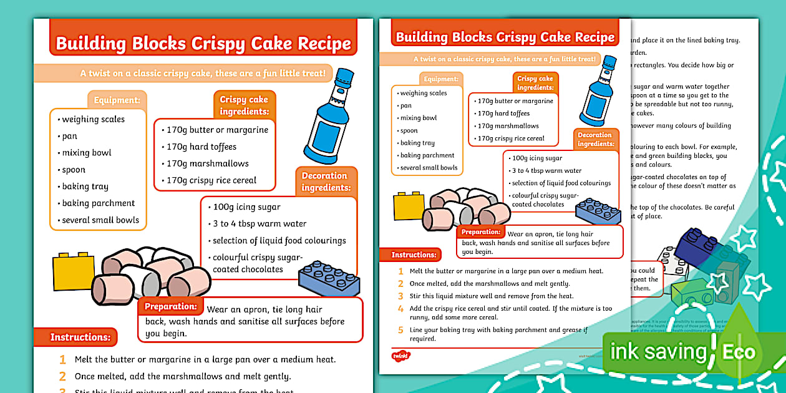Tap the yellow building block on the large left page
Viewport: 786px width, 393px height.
click(x=74, y=272)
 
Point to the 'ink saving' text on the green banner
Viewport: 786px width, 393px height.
click(x=657, y=352)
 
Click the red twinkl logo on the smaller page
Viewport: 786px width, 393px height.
click(x=400, y=356)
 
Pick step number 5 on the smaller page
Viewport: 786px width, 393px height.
click(x=401, y=330)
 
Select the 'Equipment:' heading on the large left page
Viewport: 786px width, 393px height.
click(x=117, y=100)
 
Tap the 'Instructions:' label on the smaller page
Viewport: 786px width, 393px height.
click(x=414, y=255)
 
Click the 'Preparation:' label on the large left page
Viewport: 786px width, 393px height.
click(x=170, y=306)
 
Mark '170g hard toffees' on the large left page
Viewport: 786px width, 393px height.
click(x=201, y=147)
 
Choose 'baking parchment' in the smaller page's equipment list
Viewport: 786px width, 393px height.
click(x=428, y=155)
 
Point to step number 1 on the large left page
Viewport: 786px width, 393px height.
click(x=62, y=359)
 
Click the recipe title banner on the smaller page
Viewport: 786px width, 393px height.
click(x=505, y=37)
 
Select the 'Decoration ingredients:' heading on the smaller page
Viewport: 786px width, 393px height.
click(x=595, y=139)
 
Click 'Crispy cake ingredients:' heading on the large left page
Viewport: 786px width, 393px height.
click(x=244, y=105)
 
